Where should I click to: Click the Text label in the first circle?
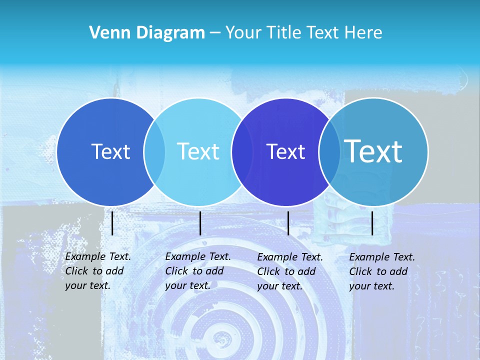(110, 151)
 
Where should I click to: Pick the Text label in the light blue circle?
(198, 151)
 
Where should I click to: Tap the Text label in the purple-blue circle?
(285, 151)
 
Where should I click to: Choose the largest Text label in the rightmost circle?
(373, 151)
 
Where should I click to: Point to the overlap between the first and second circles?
(154, 152)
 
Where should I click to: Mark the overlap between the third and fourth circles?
(329, 152)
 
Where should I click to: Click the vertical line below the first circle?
(112, 223)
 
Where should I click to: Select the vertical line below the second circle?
(200, 223)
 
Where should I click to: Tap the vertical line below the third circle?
(288, 223)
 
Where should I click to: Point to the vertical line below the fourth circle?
(372, 223)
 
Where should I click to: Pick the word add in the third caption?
(306, 271)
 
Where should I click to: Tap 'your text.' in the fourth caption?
(371, 286)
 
